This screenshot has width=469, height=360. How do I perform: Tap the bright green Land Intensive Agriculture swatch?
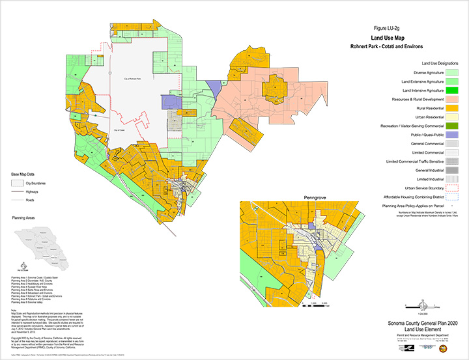(450, 89)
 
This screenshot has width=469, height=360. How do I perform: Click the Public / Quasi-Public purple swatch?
(450, 133)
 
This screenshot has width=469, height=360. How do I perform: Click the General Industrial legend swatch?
(450, 169)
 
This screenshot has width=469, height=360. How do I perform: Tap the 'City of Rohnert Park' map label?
(134, 78)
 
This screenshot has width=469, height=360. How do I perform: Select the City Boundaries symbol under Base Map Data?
(19, 184)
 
